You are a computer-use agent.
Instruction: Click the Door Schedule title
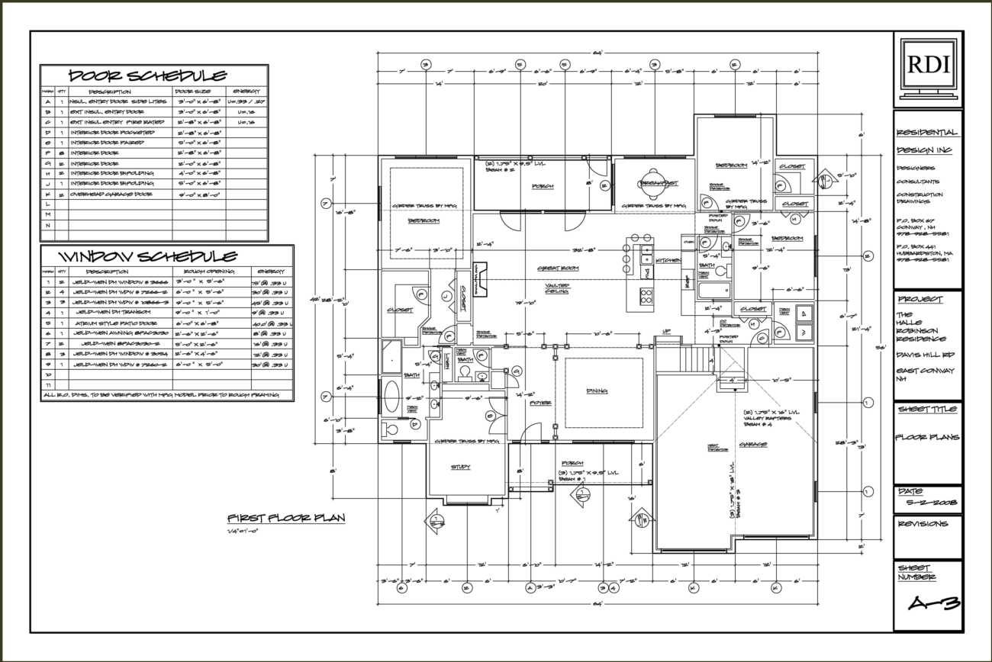(147, 76)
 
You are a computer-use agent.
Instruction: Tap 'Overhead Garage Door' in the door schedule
(114, 194)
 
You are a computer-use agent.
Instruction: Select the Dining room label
(597, 391)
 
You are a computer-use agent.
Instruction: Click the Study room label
(461, 466)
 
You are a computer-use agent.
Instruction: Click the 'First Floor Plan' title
(285, 518)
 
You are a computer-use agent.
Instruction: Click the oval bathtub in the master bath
(391, 397)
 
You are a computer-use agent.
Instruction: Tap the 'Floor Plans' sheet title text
(926, 438)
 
